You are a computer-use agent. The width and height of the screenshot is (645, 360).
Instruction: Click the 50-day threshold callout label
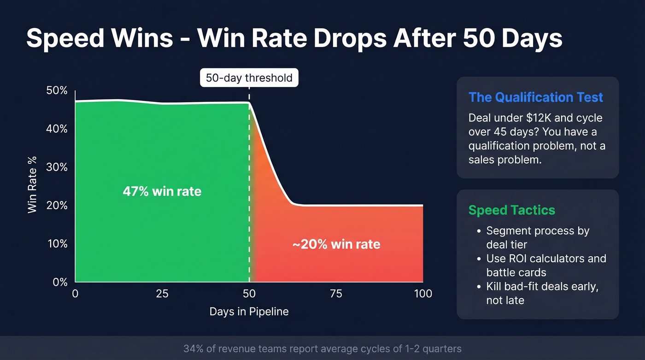click(249, 78)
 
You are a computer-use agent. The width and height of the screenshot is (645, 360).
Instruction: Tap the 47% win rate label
click(162, 191)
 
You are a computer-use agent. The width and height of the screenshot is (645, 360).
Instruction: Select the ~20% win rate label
click(336, 244)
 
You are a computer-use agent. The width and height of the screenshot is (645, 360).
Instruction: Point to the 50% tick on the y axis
click(57, 91)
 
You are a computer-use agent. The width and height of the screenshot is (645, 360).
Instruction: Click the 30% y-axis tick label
click(57, 167)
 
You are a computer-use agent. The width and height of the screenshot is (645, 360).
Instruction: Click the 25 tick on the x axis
click(162, 294)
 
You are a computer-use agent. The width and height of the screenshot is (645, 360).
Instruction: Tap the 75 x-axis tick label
click(336, 294)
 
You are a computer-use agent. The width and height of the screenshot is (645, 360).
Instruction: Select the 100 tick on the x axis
click(422, 294)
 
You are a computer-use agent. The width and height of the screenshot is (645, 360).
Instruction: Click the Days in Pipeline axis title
click(249, 312)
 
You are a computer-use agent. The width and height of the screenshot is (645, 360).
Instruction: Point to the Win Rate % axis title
click(32, 184)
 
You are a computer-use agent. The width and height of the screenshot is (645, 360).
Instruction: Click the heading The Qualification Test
click(536, 97)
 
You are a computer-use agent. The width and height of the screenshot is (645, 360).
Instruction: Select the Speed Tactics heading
click(511, 210)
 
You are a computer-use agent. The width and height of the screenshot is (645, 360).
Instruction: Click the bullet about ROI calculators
click(546, 265)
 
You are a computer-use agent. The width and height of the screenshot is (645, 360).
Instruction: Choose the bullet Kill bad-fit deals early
click(542, 293)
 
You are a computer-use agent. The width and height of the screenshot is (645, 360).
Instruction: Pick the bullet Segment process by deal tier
click(537, 237)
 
